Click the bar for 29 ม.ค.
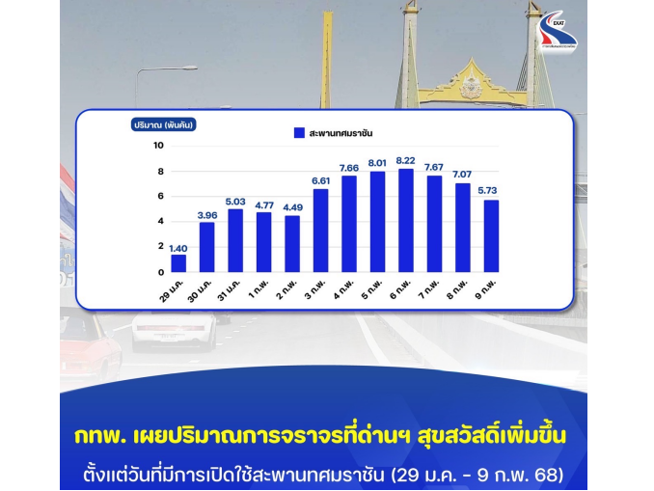pos(178,263)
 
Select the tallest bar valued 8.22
pos(406,221)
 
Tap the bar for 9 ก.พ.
pos(491,236)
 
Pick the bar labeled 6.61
pos(321,231)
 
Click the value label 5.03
pos(235,202)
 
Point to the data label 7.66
pos(349,168)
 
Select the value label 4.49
pos(293,207)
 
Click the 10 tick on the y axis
pos(158,146)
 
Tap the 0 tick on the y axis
pos(161,272)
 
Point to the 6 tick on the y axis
pos(161,196)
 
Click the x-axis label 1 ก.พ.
pos(259,288)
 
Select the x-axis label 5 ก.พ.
pos(371,288)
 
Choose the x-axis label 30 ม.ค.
pos(200,290)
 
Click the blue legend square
pos(299,133)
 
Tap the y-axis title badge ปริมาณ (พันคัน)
pos(164,124)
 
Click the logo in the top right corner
pos(558,31)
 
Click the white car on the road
pos(175,332)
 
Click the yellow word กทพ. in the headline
pos(99,436)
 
